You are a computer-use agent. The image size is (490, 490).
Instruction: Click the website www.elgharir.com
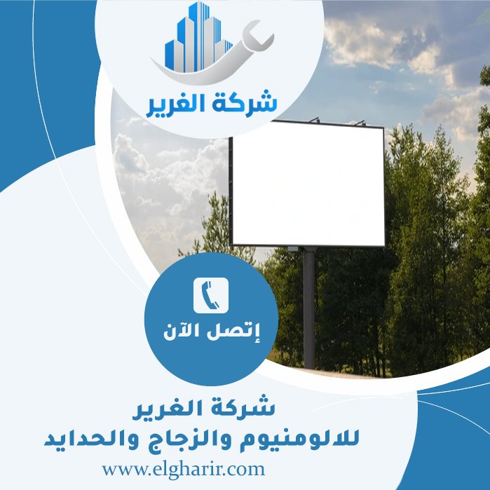[184, 467]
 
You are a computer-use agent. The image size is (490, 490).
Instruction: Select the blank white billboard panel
[307, 184]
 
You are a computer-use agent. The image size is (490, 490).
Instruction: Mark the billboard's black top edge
[307, 125]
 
